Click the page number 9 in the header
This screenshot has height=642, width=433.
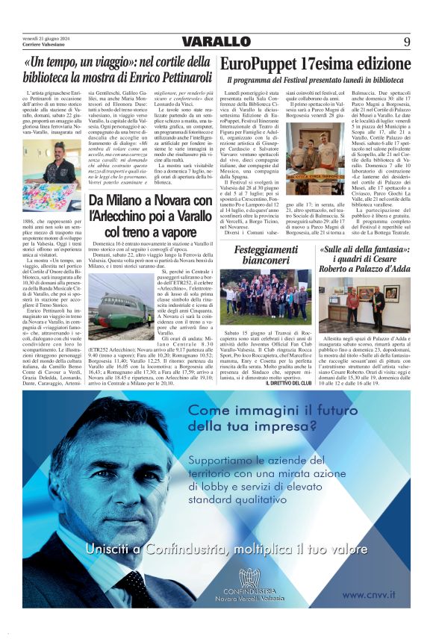408,41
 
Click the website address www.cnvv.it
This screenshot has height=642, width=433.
373,594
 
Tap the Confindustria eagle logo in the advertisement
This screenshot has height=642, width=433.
249,579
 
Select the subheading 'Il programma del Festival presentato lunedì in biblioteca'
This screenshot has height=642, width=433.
315,79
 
